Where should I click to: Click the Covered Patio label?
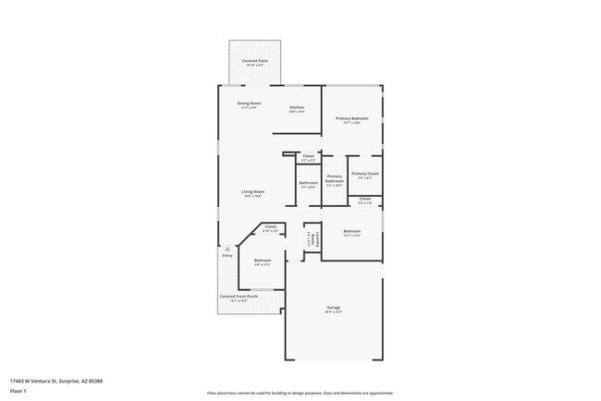[254, 61]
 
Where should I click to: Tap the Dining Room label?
[249, 103]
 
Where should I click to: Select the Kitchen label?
[297, 108]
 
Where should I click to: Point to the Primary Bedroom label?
[351, 119]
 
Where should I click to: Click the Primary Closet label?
[365, 175]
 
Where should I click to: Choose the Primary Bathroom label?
[334, 179]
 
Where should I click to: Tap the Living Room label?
[253, 192]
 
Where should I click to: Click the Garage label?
[333, 310]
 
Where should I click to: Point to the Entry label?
[227, 255]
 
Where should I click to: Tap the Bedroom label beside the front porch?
[263, 262]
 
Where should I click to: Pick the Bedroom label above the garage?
[351, 232]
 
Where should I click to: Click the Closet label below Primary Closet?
[365, 200]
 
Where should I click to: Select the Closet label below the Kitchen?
[308, 158]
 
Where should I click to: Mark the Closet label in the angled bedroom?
[270, 227]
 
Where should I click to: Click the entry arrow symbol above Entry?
[227, 248]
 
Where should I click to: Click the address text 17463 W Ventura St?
[56, 380]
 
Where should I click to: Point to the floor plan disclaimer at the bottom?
[300, 393]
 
